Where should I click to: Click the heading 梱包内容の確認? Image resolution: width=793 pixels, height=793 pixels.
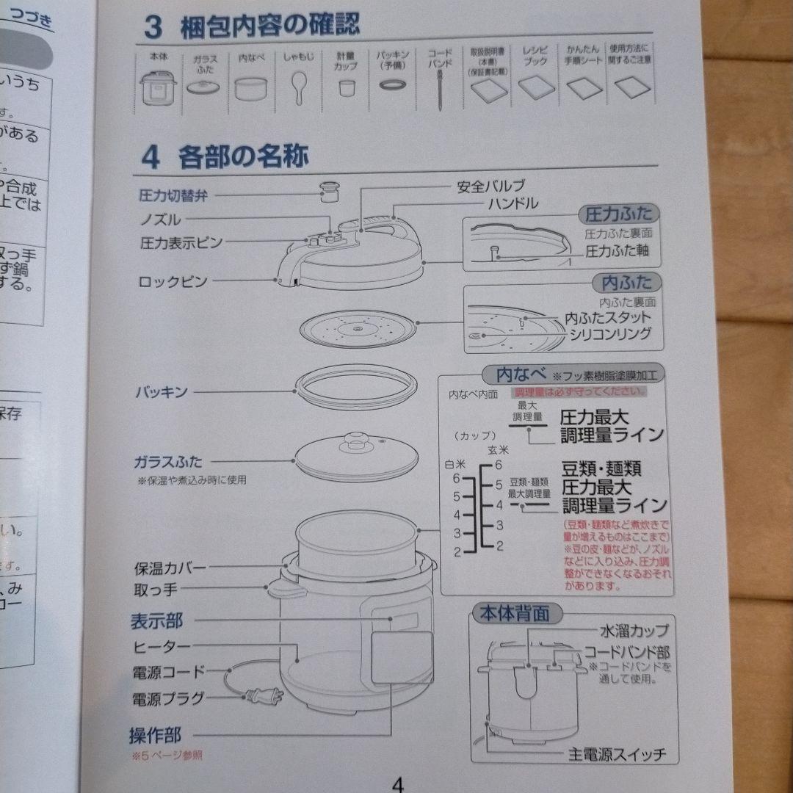(270, 27)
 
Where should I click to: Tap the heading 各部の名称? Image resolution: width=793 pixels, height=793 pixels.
(243, 156)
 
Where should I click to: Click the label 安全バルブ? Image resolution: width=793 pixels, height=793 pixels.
(491, 187)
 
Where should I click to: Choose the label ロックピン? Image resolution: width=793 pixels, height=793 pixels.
(173, 281)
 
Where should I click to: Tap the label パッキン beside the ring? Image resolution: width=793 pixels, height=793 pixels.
(161, 392)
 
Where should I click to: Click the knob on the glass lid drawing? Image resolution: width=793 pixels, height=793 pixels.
(358, 441)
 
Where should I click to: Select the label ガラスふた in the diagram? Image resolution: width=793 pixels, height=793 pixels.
(167, 462)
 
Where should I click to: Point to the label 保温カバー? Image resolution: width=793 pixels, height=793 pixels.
(170, 568)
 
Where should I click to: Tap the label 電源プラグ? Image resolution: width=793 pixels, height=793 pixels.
(168, 698)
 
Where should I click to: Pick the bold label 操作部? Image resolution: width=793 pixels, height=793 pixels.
(155, 734)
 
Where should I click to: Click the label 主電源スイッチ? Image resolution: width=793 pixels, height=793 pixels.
(618, 755)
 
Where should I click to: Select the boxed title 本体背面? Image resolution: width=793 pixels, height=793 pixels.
(514, 613)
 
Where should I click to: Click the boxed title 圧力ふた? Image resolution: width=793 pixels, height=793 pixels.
(619, 214)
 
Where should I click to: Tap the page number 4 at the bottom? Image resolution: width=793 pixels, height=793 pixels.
(397, 783)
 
